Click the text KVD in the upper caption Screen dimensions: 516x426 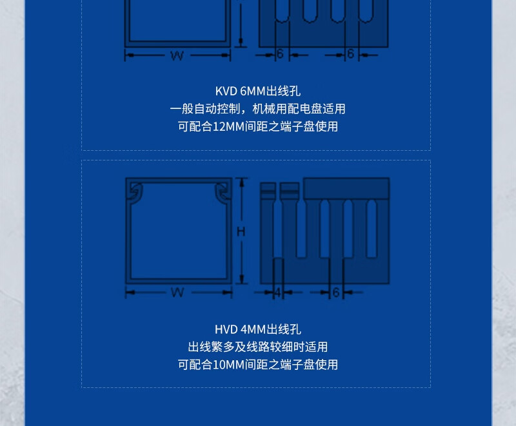click(226, 91)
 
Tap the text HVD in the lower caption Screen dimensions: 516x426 click(226, 329)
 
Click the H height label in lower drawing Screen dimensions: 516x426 click(241, 232)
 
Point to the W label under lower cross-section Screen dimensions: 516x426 click(177, 292)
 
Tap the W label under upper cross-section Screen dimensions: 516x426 click(177, 56)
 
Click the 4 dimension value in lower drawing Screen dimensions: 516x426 click(278, 292)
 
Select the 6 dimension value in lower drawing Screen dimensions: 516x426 click(335, 292)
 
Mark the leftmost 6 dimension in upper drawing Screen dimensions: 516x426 click(280, 53)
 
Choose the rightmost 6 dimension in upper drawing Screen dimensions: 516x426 click(350, 53)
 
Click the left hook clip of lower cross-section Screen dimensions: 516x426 click(136, 193)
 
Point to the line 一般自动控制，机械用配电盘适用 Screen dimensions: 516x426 click(257, 109)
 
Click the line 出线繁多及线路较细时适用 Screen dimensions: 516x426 click(257, 347)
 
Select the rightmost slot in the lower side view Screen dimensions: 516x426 click(372, 228)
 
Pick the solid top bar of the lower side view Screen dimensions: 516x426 click(346, 188)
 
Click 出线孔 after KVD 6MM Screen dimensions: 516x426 click(283, 91)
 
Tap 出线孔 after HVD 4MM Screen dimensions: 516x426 click(283, 329)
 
